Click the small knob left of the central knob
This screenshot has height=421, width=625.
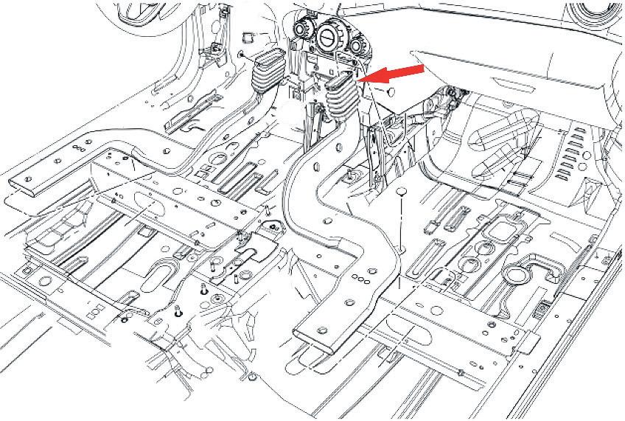301,29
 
